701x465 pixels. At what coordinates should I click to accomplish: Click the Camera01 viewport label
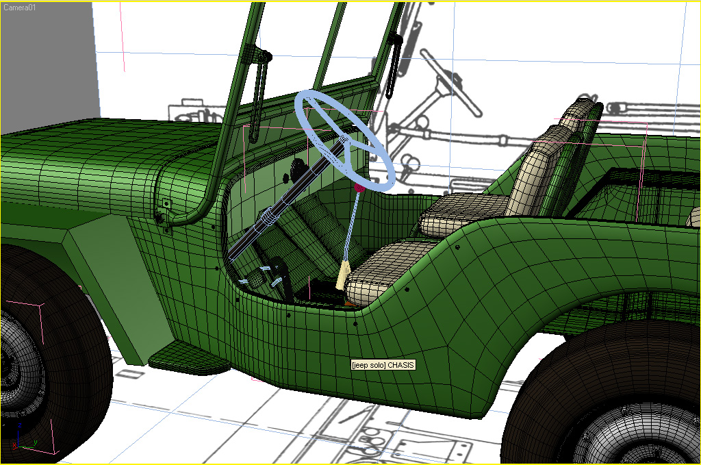point(19,7)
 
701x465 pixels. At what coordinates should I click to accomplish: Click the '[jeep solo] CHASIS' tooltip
point(383,365)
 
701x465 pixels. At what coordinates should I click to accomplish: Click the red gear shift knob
point(359,186)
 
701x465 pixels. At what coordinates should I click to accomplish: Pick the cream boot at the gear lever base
point(343,275)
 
